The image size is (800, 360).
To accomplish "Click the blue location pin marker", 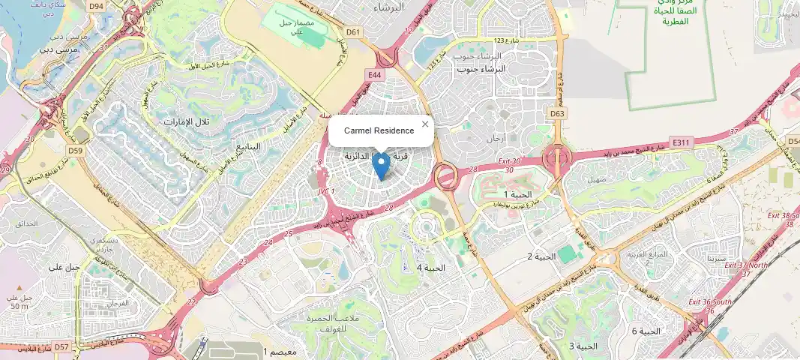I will click(x=381, y=164).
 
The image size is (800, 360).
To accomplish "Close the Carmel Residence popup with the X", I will click(x=425, y=124).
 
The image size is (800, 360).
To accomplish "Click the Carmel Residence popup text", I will click(x=379, y=130).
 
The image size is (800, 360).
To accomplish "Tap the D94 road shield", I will click(x=95, y=6).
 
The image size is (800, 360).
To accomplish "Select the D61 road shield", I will click(x=354, y=32).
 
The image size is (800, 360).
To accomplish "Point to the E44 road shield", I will click(x=375, y=75).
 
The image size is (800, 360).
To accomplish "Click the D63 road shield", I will click(x=556, y=113).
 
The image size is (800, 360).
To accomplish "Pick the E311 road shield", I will click(x=681, y=141).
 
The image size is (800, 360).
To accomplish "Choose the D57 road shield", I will click(x=61, y=346).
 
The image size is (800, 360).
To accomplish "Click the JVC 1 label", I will click(x=326, y=191).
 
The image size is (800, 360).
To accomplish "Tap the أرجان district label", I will click(x=496, y=138).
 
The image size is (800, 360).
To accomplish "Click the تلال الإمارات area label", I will click(x=188, y=121).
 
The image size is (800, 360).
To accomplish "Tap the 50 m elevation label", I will click(x=19, y=306).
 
